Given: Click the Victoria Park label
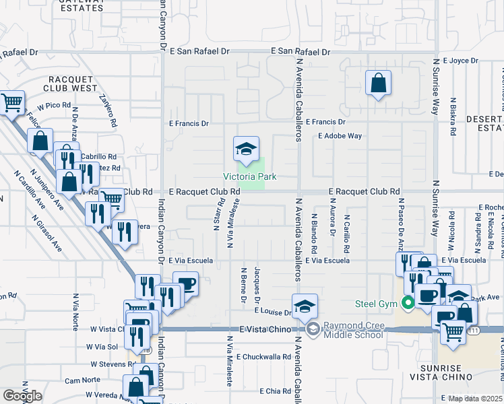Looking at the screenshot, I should [250, 177].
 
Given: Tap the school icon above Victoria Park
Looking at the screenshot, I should [247, 148].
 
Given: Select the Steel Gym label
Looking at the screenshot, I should [377, 304].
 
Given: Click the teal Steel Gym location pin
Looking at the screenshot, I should [407, 304].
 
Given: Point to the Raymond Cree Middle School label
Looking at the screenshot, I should [354, 330].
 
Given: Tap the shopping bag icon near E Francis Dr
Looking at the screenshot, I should [379, 83].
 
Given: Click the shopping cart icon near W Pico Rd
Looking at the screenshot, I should [13, 102].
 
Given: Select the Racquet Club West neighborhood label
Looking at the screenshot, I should [70, 83].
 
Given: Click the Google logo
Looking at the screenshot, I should [22, 396].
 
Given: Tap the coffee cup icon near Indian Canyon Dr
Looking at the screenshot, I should [186, 283].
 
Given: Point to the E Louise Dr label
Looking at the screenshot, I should [272, 312].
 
